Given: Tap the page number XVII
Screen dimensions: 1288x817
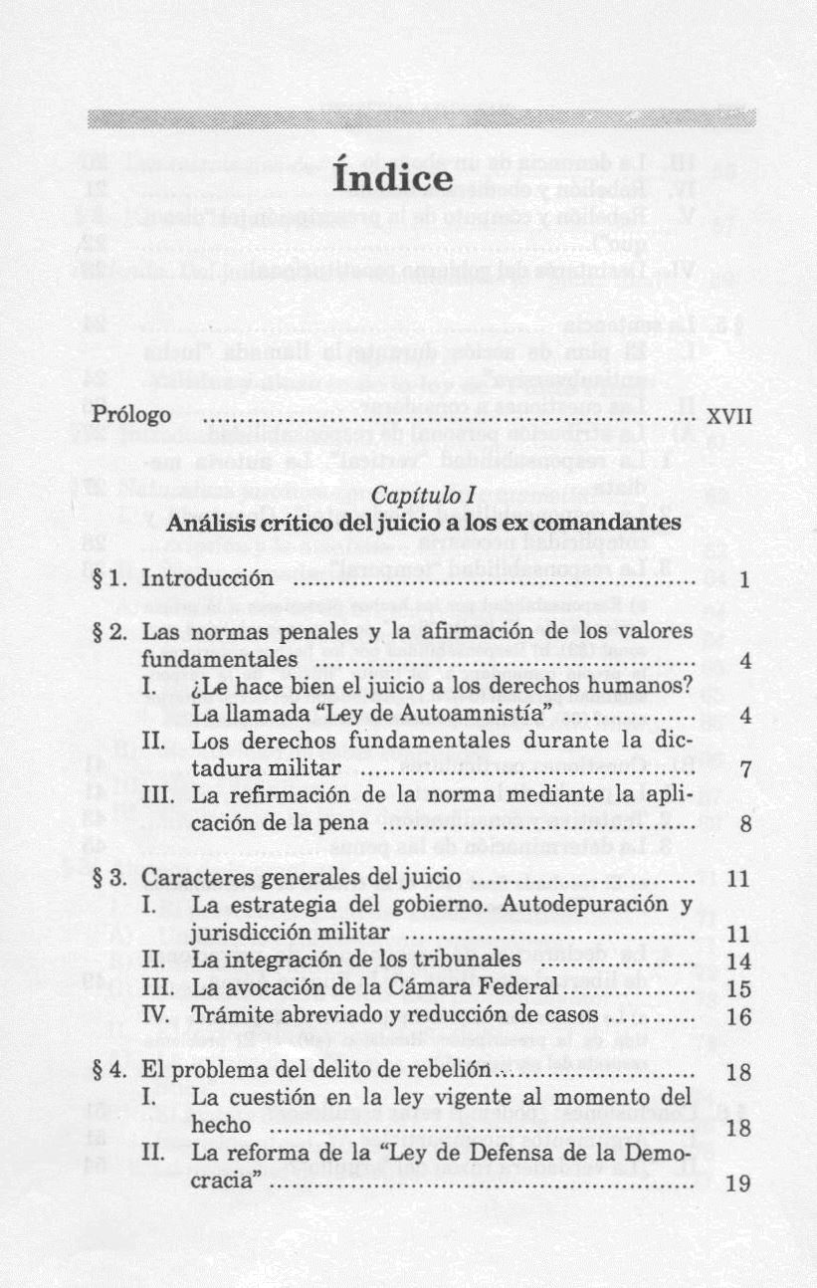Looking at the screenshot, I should [728, 416].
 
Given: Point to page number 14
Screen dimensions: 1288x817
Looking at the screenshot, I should [738, 962].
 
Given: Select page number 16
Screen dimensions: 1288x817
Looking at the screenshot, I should [738, 1017].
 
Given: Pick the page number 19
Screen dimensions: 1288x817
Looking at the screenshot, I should [738, 1184].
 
